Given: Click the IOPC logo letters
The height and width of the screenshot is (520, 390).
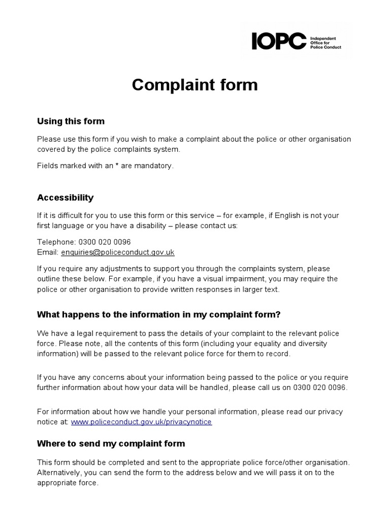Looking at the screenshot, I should (279, 41).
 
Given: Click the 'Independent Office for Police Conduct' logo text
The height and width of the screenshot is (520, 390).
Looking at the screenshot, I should (324, 42).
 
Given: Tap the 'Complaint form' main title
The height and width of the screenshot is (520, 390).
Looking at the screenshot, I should (194, 85).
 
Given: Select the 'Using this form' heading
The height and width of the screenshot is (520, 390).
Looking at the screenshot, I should (71, 121).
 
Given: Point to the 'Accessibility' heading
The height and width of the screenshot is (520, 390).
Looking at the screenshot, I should (65, 198).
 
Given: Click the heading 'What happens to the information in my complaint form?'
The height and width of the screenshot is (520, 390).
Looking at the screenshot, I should (158, 314).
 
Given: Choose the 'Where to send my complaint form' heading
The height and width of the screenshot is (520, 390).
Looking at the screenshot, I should (111, 443).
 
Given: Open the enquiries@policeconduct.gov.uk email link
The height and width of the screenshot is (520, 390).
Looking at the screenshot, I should (118, 252).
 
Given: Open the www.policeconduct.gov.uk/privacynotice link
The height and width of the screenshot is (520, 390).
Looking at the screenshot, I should (141, 422).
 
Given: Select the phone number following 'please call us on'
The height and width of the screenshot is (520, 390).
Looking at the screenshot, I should (321, 387).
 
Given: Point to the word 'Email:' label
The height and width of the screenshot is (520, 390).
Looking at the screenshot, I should (48, 252).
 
